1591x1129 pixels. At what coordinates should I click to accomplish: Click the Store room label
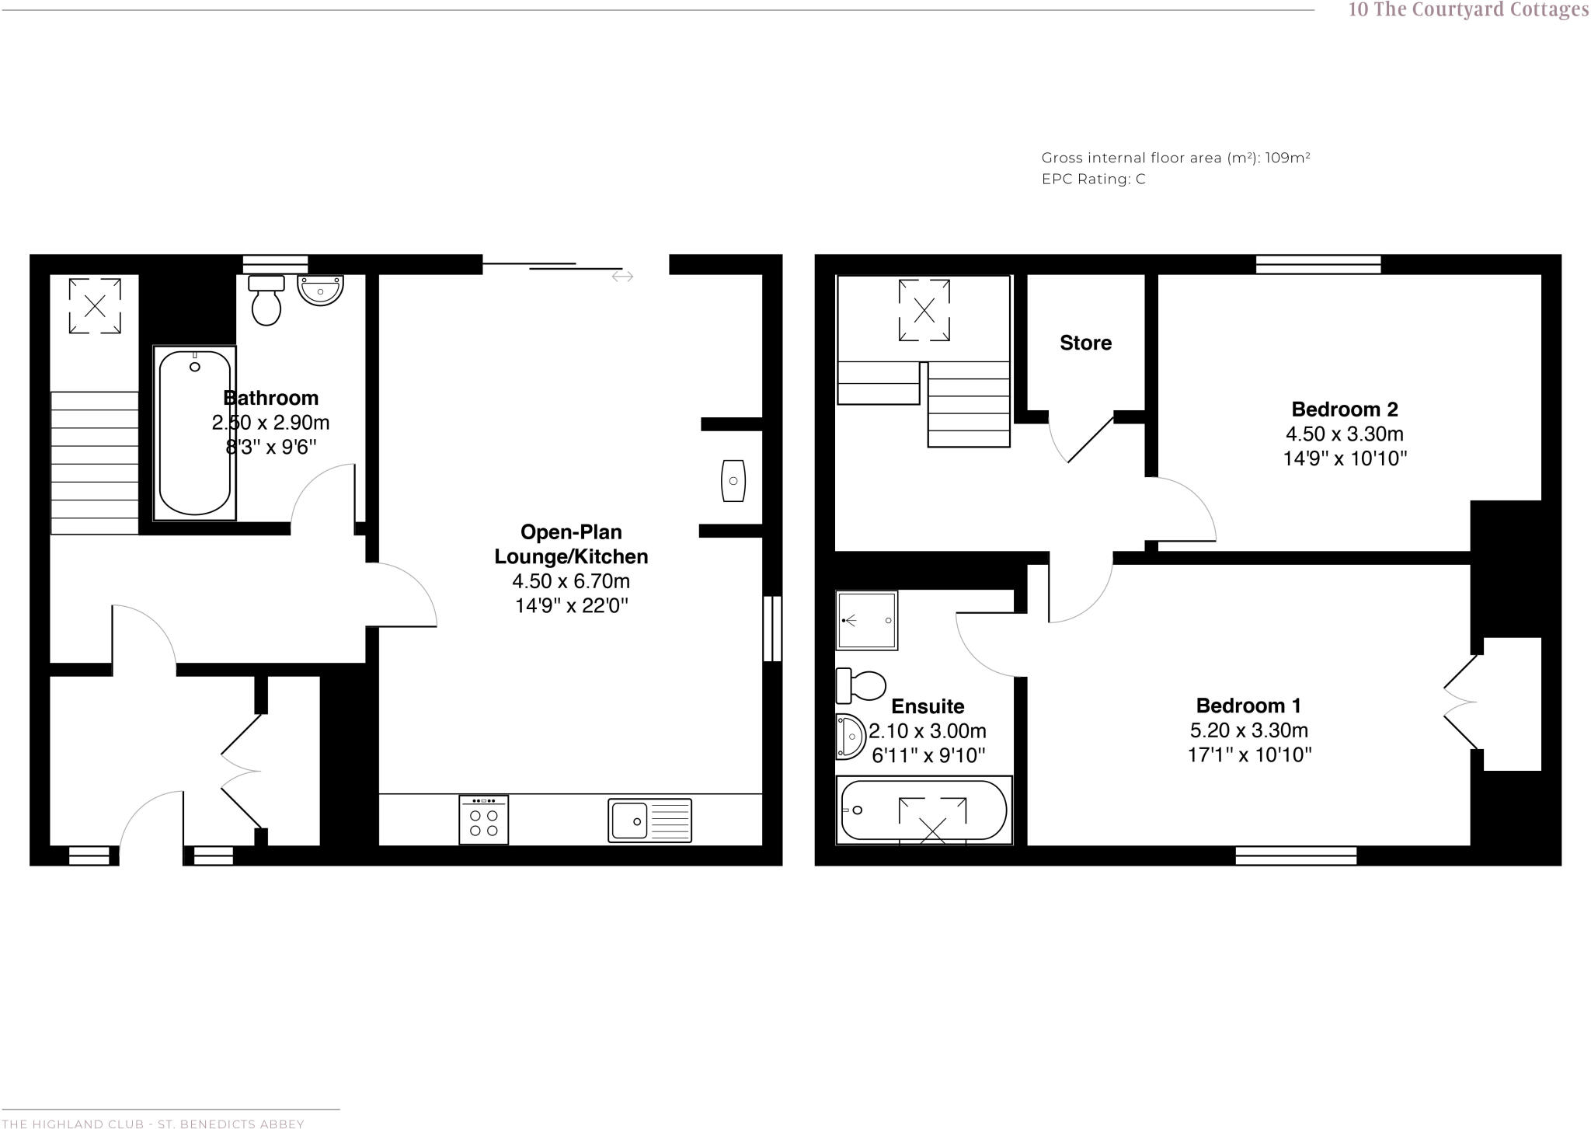click(x=1085, y=343)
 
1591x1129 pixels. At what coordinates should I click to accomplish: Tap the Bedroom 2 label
click(x=1344, y=409)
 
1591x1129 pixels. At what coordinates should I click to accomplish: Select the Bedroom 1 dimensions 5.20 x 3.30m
click(x=1248, y=730)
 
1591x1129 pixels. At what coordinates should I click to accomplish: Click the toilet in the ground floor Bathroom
click(x=266, y=301)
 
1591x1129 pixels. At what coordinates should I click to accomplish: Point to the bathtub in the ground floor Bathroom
click(x=195, y=432)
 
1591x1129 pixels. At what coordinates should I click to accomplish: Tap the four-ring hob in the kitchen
click(x=483, y=820)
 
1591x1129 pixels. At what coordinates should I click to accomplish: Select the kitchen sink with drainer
click(x=649, y=821)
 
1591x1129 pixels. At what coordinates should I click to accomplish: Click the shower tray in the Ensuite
click(x=866, y=620)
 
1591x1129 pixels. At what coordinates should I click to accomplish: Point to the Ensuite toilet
click(x=862, y=685)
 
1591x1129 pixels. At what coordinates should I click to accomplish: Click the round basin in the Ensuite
click(x=851, y=735)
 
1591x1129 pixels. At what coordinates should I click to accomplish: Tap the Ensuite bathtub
click(x=924, y=810)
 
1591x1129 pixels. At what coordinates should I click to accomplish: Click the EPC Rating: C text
click(x=1093, y=179)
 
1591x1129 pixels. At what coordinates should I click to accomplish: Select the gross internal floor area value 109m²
click(x=1287, y=158)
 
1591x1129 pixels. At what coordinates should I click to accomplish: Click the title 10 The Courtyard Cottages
click(x=1467, y=10)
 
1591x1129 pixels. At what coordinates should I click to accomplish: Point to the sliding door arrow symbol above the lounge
click(x=622, y=277)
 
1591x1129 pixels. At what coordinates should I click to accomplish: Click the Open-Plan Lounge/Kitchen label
click(x=571, y=544)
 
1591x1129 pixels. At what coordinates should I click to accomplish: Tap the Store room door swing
click(x=1080, y=441)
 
